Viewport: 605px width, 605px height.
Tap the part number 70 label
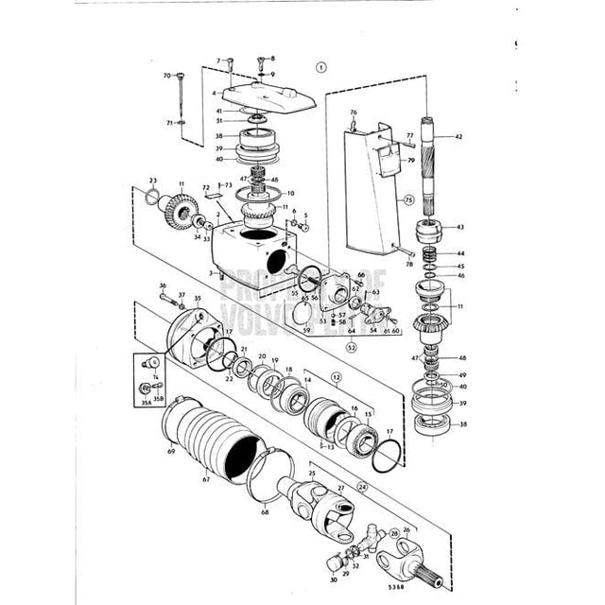coord(166,76)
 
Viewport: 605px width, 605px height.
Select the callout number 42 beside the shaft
coord(459,138)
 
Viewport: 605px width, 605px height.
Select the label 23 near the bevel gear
coord(152,180)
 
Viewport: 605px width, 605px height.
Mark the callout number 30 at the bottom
coord(333,580)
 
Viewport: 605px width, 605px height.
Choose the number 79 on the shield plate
coord(385,161)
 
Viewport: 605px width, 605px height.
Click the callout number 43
coord(459,228)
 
